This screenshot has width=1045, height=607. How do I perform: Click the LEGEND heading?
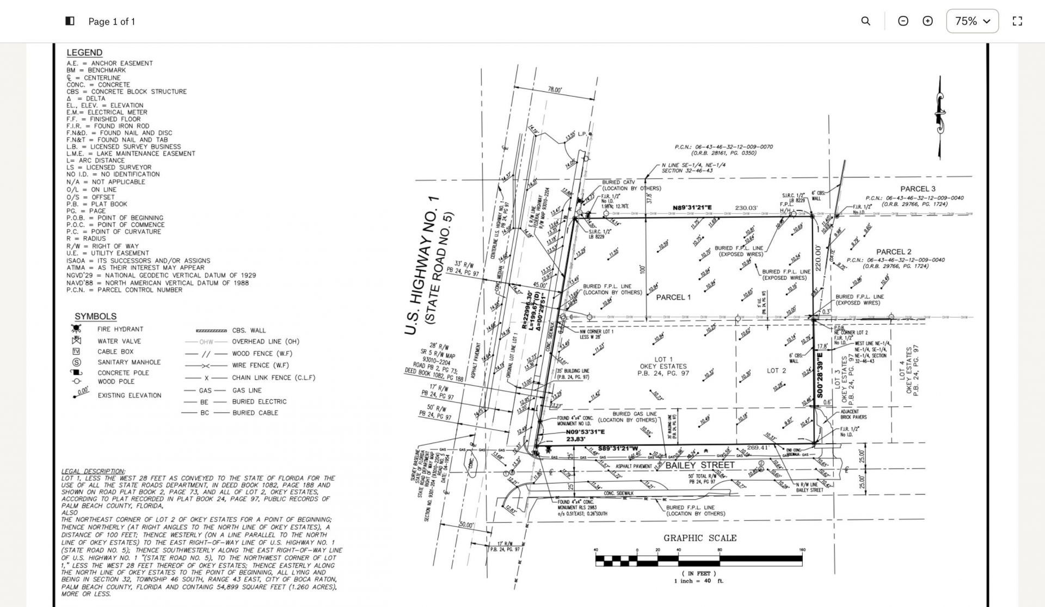click(x=84, y=53)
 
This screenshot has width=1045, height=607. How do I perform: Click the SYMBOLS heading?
click(x=95, y=317)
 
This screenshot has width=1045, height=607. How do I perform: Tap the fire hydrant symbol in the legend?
click(x=76, y=329)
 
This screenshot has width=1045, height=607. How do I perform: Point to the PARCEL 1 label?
click(x=673, y=298)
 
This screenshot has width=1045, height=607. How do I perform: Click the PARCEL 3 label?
click(x=918, y=189)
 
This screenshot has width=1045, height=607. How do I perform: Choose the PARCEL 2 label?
click(x=894, y=252)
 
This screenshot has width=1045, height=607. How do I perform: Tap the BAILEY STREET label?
click(x=700, y=466)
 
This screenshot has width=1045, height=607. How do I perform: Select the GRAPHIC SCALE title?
click(x=699, y=538)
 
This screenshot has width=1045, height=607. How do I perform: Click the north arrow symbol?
click(x=939, y=116)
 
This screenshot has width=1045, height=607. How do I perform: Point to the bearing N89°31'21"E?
click(x=692, y=208)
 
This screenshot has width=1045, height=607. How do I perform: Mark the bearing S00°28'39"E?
click(x=820, y=376)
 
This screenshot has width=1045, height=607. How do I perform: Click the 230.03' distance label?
click(x=746, y=208)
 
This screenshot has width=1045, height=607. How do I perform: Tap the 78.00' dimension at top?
click(x=555, y=90)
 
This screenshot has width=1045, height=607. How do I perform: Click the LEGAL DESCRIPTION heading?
click(x=93, y=472)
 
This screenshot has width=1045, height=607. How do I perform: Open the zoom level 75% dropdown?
click(x=972, y=21)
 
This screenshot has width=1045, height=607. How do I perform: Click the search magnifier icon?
click(x=865, y=21)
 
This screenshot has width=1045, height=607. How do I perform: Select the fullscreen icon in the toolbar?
click(x=1017, y=21)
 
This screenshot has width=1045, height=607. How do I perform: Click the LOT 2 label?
click(x=776, y=371)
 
